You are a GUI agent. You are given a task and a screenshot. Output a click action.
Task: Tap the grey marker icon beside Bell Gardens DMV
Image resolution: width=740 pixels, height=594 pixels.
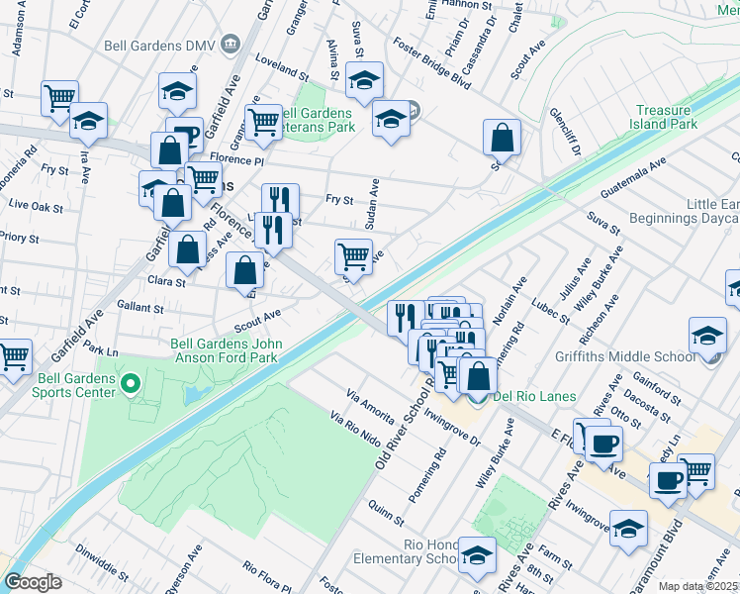231,44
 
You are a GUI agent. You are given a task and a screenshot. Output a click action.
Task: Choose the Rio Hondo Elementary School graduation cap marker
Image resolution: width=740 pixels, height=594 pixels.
477,555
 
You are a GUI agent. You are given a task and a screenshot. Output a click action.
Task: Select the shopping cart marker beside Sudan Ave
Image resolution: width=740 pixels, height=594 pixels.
353,257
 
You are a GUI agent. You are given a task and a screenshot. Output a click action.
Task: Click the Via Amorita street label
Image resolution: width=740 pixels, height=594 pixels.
371,400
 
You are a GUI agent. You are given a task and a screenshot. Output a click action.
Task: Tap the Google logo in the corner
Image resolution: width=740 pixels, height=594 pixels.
33,582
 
